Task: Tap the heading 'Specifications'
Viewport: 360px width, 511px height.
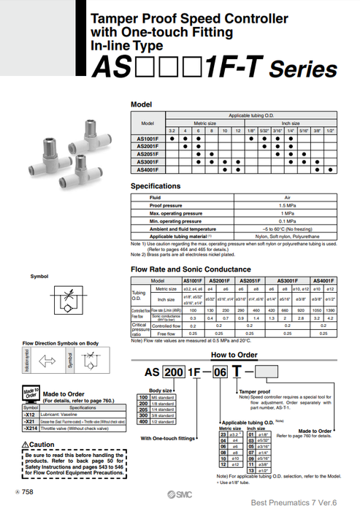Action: [155, 187]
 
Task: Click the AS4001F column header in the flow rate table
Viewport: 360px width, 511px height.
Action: [323, 281]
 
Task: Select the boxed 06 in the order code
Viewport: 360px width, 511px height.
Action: [219, 371]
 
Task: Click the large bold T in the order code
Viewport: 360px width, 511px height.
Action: [237, 371]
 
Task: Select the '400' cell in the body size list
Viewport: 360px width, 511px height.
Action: [143, 422]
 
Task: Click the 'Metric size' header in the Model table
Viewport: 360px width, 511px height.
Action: [215, 123]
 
